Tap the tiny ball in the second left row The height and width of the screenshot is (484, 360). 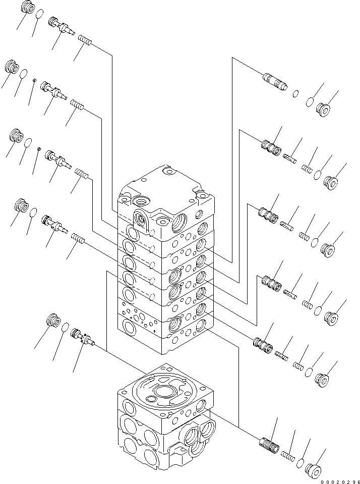click(x=34, y=80)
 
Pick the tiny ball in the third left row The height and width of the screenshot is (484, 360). click(x=38, y=149)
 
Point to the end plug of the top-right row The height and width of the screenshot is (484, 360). click(x=323, y=108)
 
